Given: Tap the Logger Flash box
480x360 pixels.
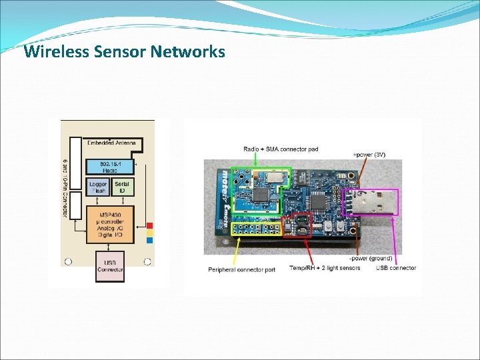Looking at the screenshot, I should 98,187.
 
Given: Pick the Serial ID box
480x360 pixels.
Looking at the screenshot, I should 122,187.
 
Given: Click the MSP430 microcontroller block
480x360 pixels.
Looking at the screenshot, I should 110,224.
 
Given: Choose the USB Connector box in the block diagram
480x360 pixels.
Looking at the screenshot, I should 110,265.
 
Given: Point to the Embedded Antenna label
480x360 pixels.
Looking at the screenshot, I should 111,143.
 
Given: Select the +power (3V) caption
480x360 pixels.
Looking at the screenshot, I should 371,155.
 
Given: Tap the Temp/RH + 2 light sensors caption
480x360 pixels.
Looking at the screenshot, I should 325,268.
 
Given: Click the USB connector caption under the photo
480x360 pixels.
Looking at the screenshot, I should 395,268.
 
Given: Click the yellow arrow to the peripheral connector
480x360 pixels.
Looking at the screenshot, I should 239,250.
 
